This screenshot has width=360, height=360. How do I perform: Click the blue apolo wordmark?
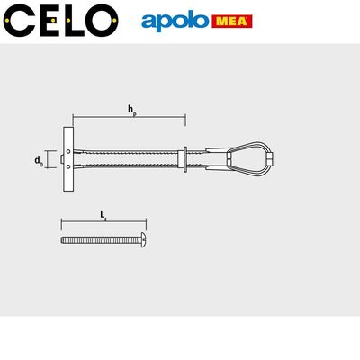coord(175,22)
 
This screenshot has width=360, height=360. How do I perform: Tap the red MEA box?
coord(232,22)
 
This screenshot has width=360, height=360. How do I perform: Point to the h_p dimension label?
coord(132,110)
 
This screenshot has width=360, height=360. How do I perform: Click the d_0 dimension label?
coord(38,161)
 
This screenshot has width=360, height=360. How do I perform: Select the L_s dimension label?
coord(103,215)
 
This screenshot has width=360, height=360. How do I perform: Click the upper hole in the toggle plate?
coord(69,151)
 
